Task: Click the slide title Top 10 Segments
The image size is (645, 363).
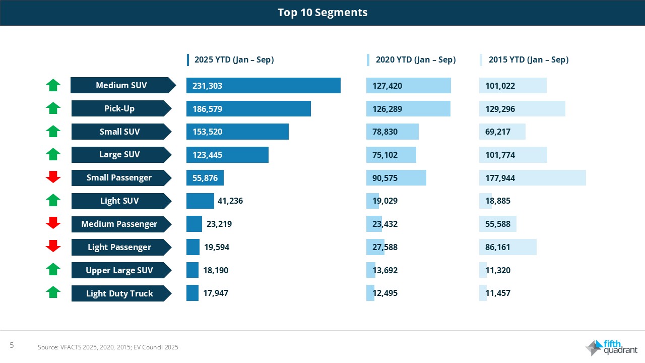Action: (322, 13)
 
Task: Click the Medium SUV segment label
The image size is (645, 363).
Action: (121, 85)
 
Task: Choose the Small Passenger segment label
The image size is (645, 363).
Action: (119, 177)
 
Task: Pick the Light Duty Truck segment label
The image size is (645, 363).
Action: (119, 293)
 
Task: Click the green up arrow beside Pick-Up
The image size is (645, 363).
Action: (53, 108)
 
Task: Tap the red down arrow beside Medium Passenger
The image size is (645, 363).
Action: (53, 223)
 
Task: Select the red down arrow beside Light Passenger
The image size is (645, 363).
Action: (53, 247)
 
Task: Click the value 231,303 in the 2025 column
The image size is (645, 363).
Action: (208, 86)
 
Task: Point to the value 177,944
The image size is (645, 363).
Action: (500, 178)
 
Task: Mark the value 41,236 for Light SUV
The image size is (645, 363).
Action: (230, 201)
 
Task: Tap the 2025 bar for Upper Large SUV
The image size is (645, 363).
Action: (192, 270)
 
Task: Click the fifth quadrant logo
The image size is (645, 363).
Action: (612, 348)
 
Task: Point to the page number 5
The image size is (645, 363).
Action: (12, 345)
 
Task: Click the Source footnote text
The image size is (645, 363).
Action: (108, 347)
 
